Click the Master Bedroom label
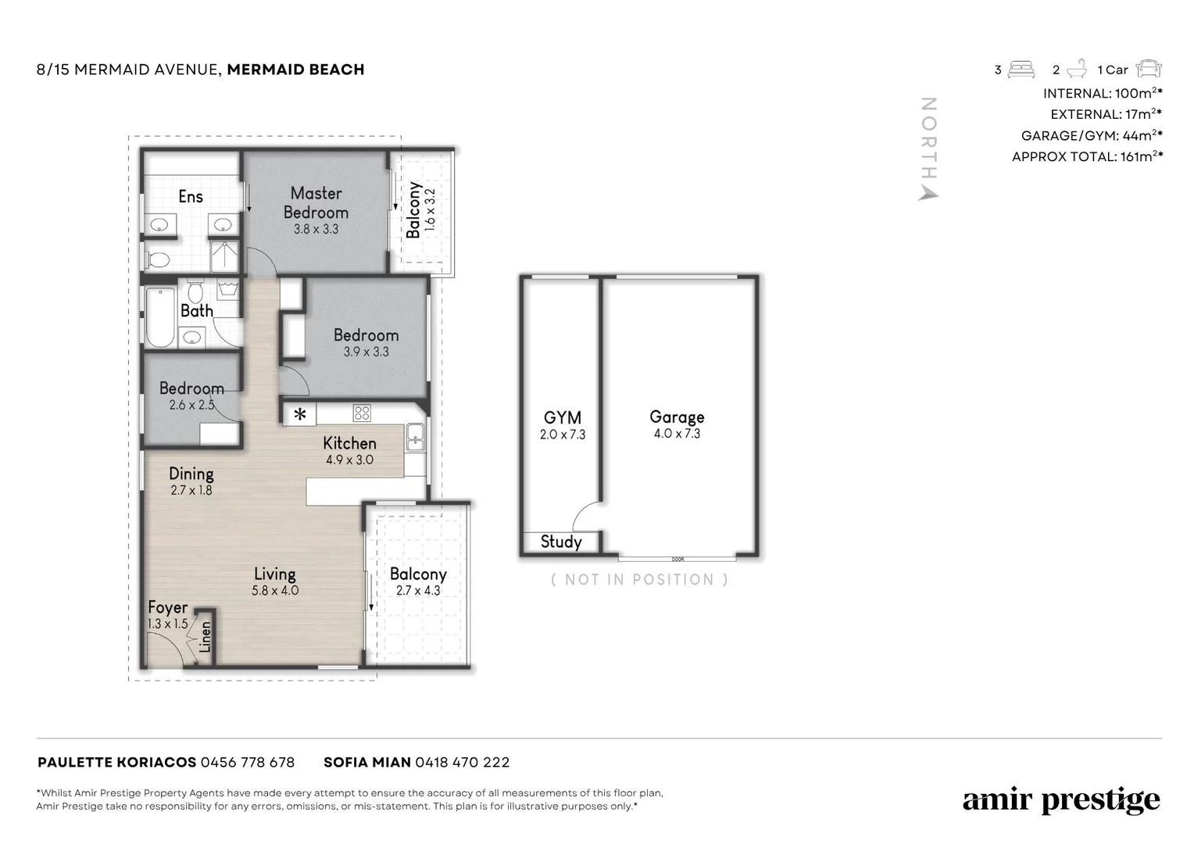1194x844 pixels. coord(316,202)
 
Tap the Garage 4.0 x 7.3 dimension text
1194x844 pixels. coord(677,434)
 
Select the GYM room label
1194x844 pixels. coord(563,417)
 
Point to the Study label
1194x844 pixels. coord(561,542)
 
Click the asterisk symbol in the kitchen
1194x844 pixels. coord(300,414)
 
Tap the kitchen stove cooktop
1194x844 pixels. coord(362,413)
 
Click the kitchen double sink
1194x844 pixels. coord(415,437)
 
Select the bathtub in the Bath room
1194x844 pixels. coord(160,317)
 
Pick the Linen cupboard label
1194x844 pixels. coord(205,637)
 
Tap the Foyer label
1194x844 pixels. coord(168,607)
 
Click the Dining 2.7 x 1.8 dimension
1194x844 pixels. coord(191,491)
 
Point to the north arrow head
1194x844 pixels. coord(928,194)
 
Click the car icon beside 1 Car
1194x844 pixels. coord(1149,70)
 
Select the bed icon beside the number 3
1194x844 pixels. coord(1021,70)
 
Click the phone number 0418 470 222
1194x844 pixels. coord(462,763)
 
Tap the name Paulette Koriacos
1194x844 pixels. coord(116,763)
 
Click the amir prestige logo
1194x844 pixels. coord(1061,799)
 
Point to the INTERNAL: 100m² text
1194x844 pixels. coord(1103,93)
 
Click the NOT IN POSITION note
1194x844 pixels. coord(640,580)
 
